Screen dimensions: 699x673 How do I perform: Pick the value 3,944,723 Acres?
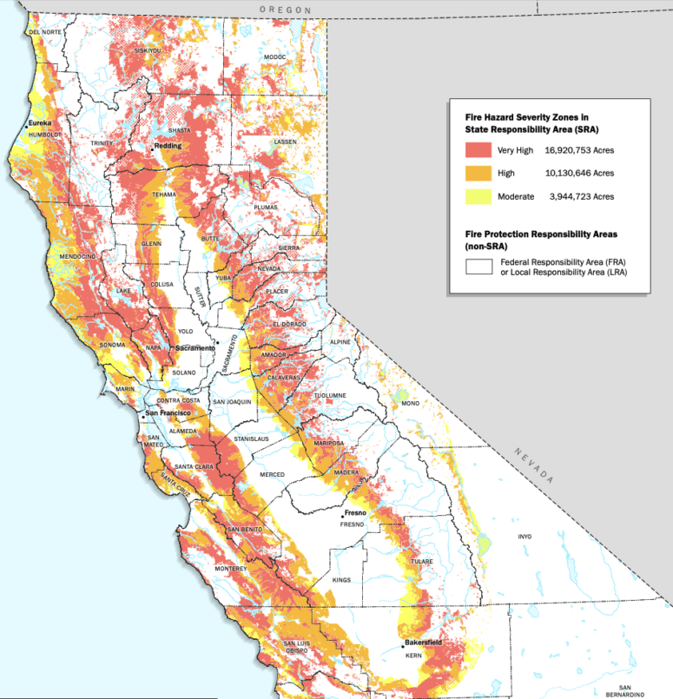[582, 197]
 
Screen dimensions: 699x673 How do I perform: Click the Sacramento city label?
[195, 348]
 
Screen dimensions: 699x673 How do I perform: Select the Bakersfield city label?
[424, 643]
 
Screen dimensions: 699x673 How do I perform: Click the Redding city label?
[168, 146]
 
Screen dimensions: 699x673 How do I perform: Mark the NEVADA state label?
[532, 467]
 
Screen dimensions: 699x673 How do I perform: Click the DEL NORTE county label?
[45, 31]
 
